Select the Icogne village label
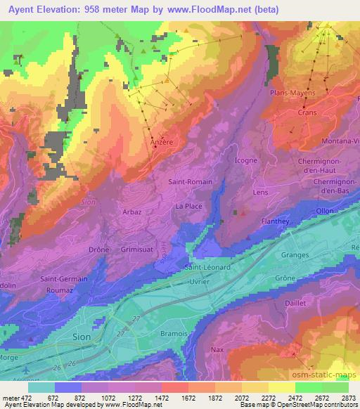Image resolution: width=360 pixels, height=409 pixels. [246, 160]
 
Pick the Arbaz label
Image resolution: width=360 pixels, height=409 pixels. [131, 212]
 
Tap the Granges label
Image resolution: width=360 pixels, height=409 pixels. [295, 254]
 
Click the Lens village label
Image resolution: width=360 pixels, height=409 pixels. [261, 193]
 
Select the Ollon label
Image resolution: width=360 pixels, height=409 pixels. [325, 210]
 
